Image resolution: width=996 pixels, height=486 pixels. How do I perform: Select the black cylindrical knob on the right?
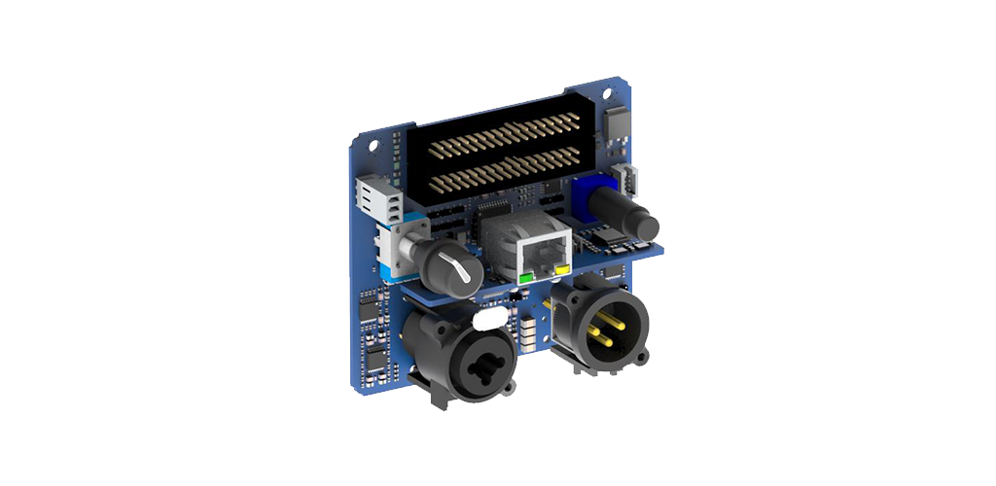[x=629, y=214]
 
